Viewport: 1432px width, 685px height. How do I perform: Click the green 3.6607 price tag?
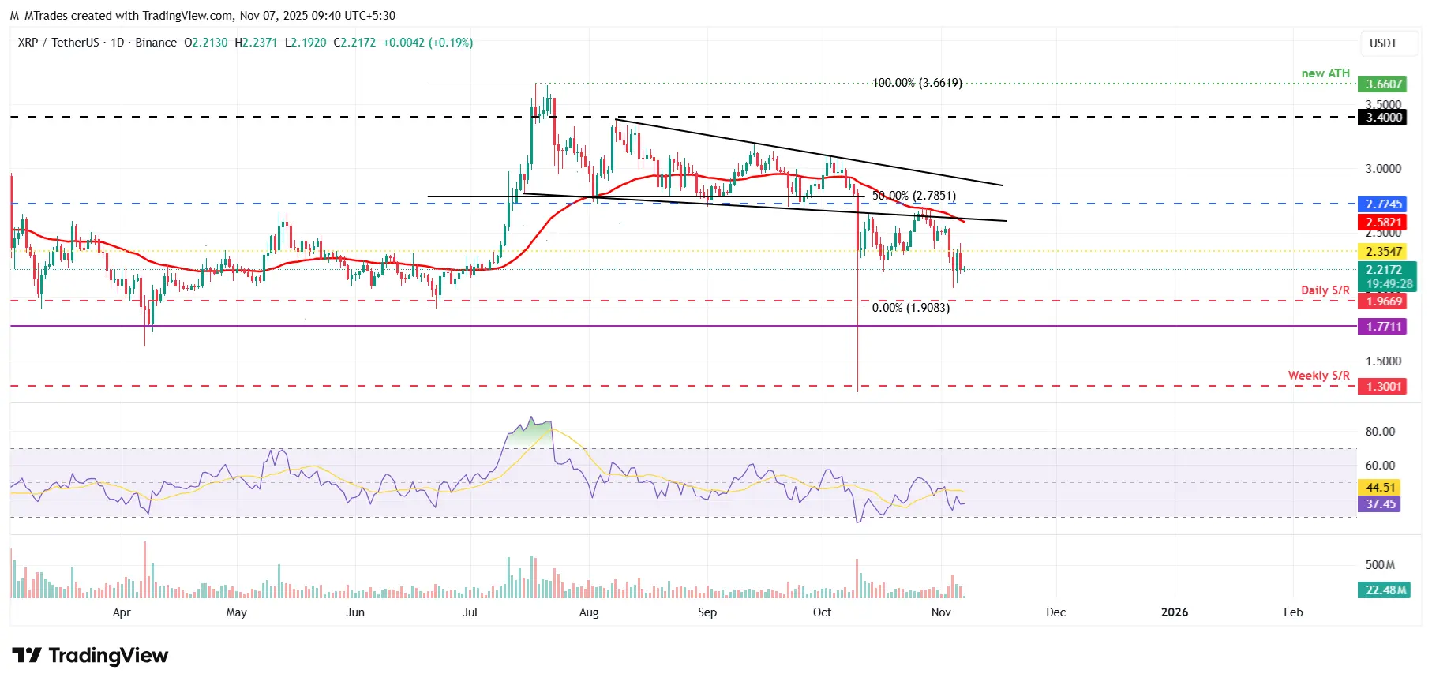[x=1384, y=84]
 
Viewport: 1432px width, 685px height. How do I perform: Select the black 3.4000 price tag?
[x=1384, y=118]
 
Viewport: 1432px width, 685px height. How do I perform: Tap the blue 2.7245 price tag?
[x=1384, y=204]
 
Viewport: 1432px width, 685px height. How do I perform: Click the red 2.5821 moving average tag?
[x=1384, y=223]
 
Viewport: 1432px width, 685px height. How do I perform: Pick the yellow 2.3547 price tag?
[x=1384, y=252]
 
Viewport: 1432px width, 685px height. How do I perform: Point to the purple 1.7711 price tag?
[x=1384, y=327]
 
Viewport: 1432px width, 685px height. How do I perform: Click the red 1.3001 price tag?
[x=1384, y=387]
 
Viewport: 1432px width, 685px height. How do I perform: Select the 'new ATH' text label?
[x=1325, y=73]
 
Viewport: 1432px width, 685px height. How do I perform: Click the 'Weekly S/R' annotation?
[x=1318, y=376]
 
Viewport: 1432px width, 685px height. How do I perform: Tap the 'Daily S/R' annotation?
[x=1325, y=290]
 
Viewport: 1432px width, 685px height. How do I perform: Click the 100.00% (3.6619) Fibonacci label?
[x=917, y=83]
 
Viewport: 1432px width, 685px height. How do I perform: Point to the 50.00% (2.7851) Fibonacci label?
[x=913, y=196]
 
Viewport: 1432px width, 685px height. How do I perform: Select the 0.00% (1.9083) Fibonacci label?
[x=910, y=308]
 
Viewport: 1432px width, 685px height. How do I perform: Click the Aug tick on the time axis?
[x=589, y=612]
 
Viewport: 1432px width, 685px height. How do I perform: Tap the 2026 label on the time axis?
[x=1174, y=612]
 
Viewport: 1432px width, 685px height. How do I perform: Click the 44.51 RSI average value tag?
[x=1380, y=488]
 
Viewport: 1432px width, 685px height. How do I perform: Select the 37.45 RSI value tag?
[x=1380, y=504]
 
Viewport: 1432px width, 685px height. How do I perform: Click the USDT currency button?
[x=1382, y=43]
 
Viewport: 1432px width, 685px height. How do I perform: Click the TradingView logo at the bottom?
[x=90, y=656]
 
